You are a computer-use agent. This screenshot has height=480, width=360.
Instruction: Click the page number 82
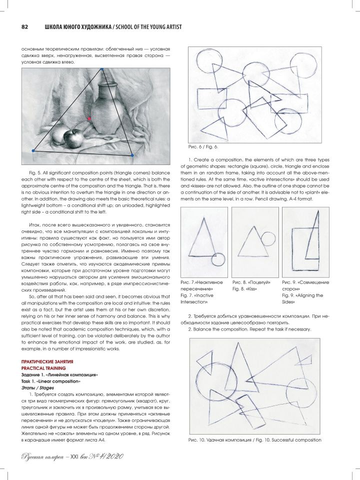[x=24, y=27]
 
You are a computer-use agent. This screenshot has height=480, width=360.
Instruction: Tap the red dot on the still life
[x=89, y=118]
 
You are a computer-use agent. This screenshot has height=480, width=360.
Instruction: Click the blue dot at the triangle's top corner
[x=102, y=69]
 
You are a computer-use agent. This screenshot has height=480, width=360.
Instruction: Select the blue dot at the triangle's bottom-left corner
[x=33, y=150]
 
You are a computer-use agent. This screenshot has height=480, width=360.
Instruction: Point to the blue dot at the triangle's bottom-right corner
[x=132, y=155]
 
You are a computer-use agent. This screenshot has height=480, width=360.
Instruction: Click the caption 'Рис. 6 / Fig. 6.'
[x=203, y=147]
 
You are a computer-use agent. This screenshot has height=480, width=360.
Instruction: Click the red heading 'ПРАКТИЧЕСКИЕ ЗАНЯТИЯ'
[x=47, y=362]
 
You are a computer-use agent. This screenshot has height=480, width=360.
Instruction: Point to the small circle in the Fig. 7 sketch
[x=218, y=260]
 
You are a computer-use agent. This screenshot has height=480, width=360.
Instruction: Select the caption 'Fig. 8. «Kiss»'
[x=244, y=288]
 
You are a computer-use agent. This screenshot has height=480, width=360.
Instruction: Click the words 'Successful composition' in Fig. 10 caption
[x=296, y=440]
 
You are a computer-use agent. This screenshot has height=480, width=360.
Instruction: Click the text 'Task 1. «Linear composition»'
[x=50, y=381]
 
